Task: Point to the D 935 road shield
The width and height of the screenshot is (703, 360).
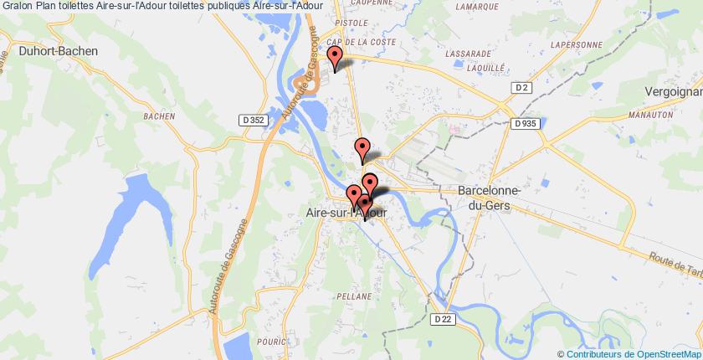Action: coord(526,123)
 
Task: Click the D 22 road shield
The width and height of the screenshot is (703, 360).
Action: coord(444,319)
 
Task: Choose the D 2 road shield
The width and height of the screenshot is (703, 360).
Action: coord(521,87)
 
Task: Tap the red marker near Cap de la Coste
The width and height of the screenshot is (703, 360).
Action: coord(335,58)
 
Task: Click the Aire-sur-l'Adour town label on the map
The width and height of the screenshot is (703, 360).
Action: coord(341,214)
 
